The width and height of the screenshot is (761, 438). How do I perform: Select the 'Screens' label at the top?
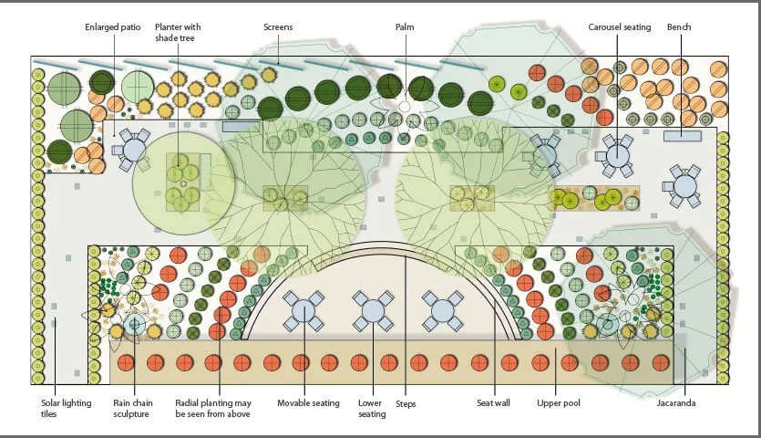coord(278,27)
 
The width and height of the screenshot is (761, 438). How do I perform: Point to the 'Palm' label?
coord(405,27)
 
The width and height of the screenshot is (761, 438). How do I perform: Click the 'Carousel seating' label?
coord(620,27)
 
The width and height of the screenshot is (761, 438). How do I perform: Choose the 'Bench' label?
coord(679,27)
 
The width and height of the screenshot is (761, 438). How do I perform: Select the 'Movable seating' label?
coord(308,402)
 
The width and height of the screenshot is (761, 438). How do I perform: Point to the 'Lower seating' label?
coord(372,408)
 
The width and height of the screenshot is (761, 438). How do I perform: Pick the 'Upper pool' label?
coord(559,402)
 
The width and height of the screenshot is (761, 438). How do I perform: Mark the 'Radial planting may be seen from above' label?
coord(212,408)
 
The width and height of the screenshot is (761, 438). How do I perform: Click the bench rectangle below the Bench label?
coord(682,137)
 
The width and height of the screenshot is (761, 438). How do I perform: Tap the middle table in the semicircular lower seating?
coord(373,310)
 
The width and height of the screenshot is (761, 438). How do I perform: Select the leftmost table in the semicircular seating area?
coord(303,310)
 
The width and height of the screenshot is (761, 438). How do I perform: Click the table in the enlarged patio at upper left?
coord(134,149)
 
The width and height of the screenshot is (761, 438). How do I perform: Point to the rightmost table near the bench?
coord(684,186)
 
